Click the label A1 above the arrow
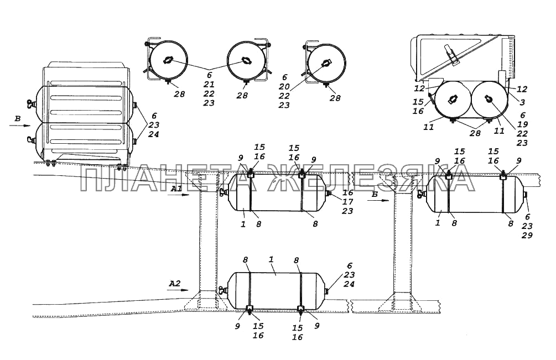pyautogui.click(x=176, y=189)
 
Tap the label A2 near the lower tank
pyautogui.click(x=174, y=284)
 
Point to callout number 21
pyautogui.click(x=209, y=84)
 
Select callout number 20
pyautogui.click(x=284, y=87)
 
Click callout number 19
pyautogui.click(x=522, y=124)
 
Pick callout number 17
pyautogui.click(x=348, y=202)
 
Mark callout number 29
pyautogui.click(x=527, y=235)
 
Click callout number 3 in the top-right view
pyautogui.click(x=522, y=102)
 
